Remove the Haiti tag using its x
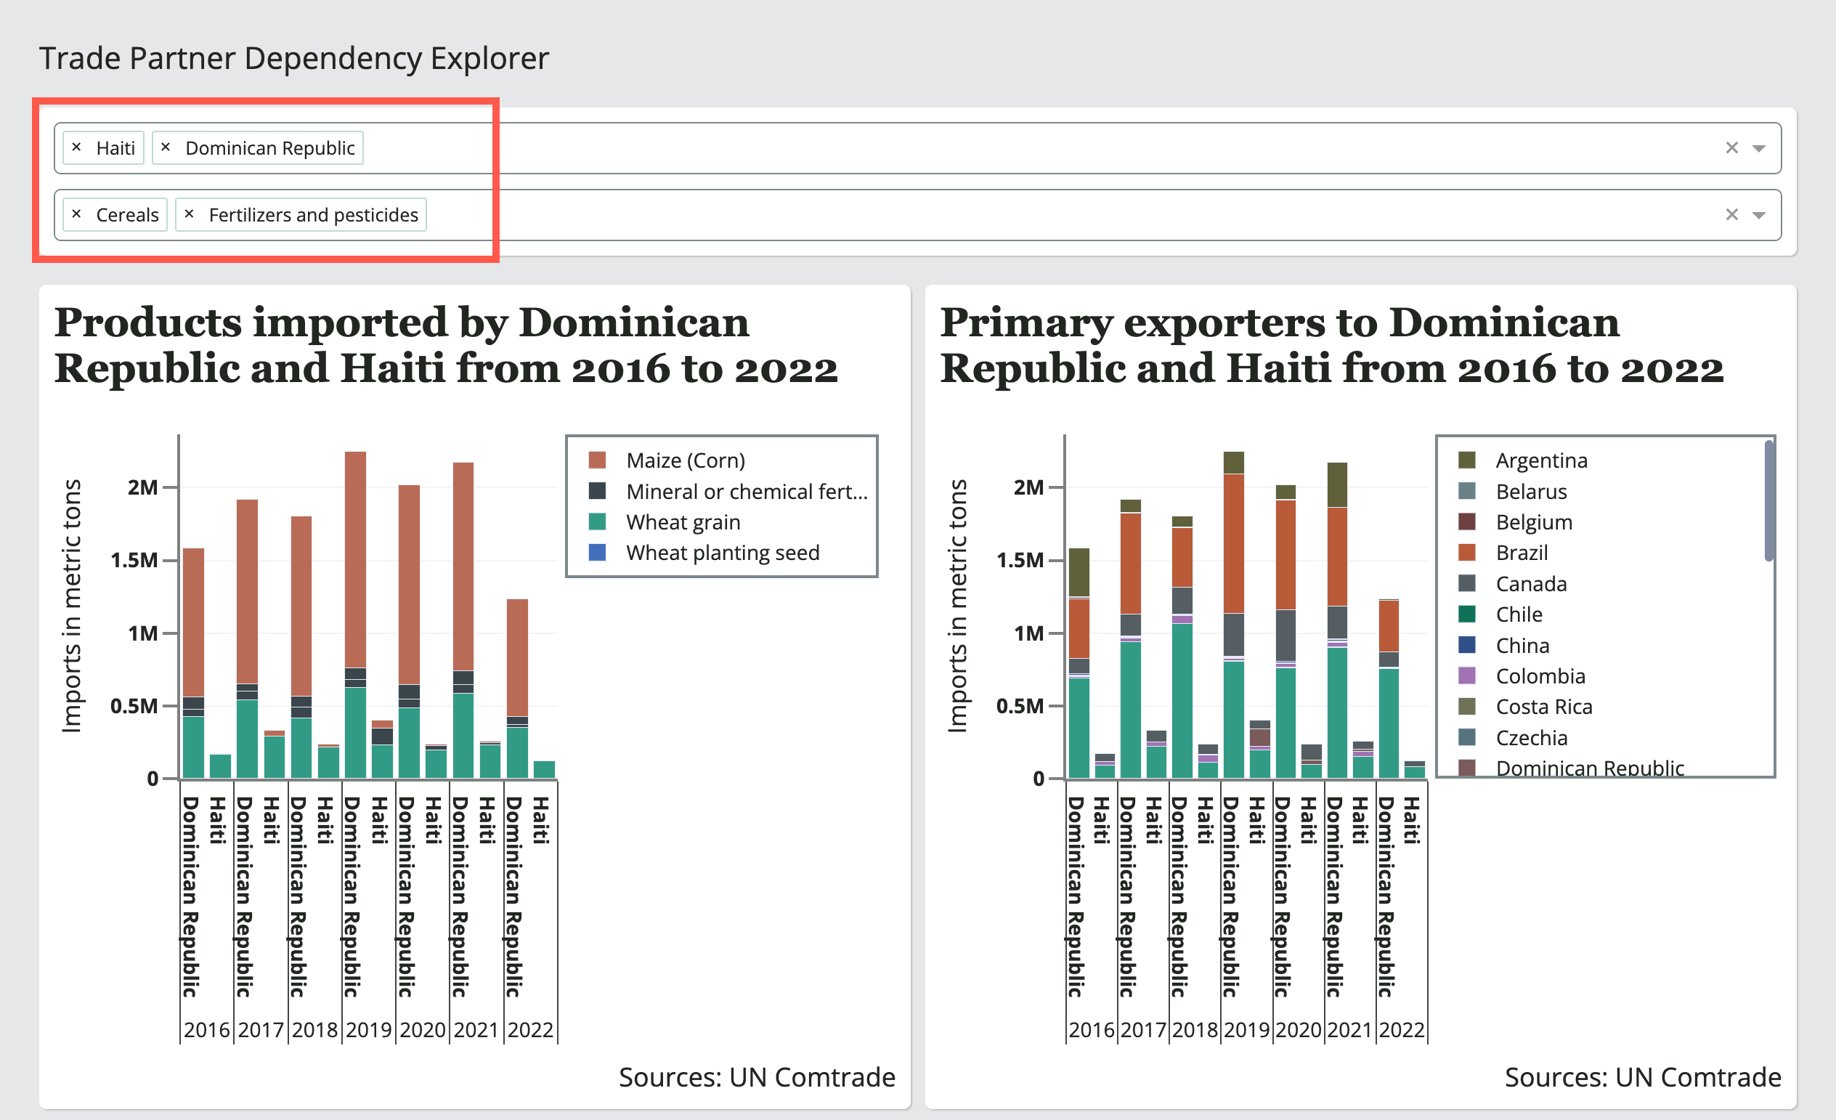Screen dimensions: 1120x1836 tap(77, 147)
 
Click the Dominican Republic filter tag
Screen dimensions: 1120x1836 tap(269, 148)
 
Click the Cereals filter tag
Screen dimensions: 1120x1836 tap(126, 214)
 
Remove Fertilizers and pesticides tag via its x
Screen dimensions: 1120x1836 tap(190, 214)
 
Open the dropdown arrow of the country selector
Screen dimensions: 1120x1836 tap(1758, 148)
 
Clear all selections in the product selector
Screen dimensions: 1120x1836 tap(1731, 214)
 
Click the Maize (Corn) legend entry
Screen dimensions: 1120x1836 tap(685, 460)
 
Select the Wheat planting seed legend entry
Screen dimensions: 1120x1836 tap(722, 553)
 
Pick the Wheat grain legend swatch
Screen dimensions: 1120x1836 tap(597, 522)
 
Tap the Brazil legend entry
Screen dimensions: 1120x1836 tap(1521, 553)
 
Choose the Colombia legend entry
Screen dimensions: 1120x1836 tap(1540, 676)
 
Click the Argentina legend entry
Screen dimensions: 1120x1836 tap(1541, 460)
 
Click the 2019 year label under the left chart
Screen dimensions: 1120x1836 tap(368, 1030)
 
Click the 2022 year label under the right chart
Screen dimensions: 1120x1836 tap(1401, 1030)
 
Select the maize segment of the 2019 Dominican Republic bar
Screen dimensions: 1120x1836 tap(355, 559)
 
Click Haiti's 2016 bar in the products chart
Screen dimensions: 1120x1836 tap(221, 767)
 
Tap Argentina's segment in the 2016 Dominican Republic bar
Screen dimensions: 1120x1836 tap(1079, 572)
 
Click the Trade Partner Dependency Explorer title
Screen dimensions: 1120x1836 tap(293, 58)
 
